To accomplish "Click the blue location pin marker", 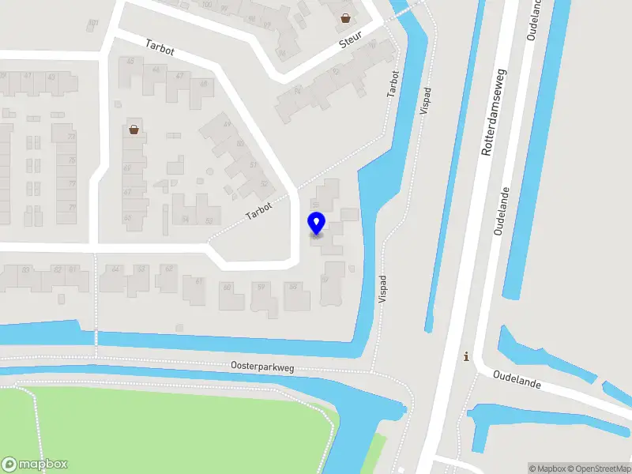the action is [x=316, y=223].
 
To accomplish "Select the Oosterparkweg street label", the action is [x=262, y=366].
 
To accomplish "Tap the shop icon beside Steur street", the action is [x=345, y=17].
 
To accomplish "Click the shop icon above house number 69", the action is [x=134, y=130].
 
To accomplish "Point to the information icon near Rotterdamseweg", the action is [x=466, y=357].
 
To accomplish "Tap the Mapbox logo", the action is [x=35, y=465].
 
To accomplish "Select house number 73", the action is [x=72, y=137].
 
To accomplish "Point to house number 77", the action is [x=72, y=184].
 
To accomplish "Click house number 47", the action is [x=180, y=76].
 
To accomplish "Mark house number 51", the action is [x=254, y=165].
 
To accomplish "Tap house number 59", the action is [x=260, y=288].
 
